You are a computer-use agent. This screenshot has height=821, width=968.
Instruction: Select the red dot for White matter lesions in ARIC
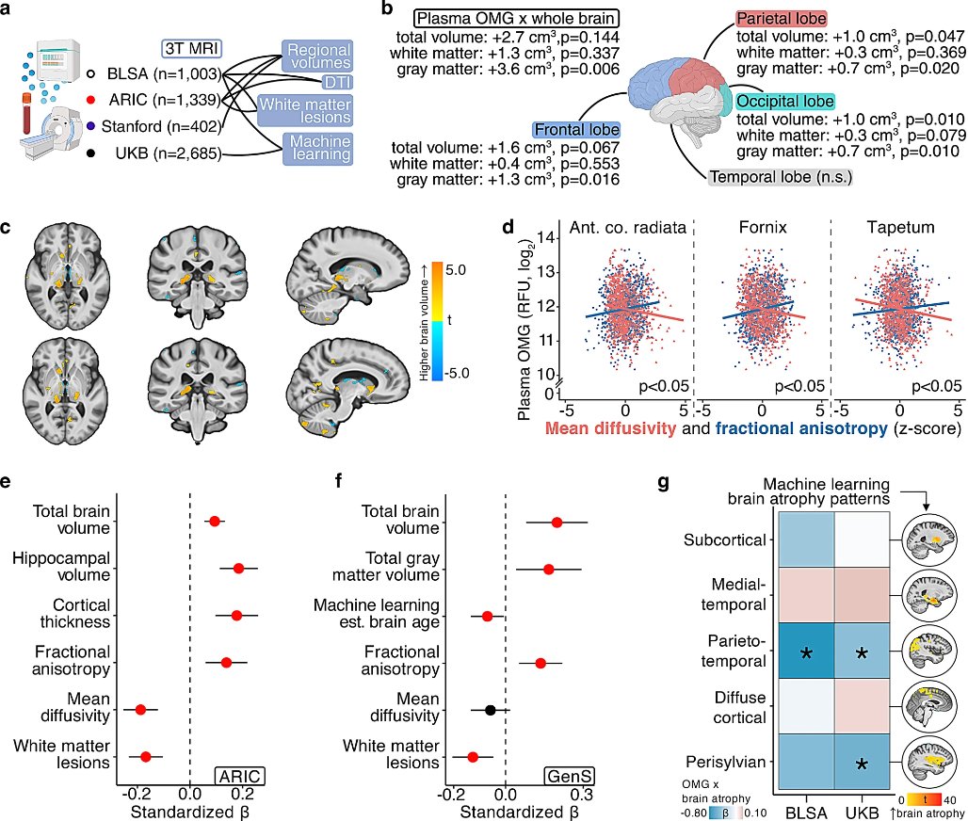(146, 755)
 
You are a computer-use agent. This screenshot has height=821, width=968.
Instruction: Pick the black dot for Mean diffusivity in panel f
(491, 710)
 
